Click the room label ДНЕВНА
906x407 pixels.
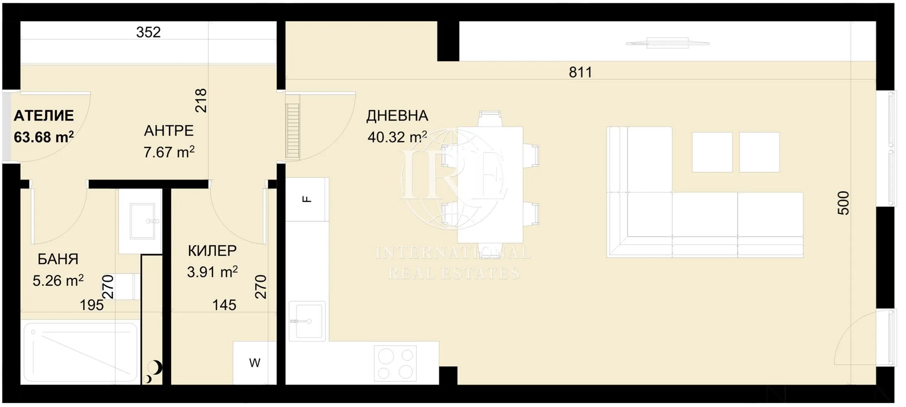(397, 116)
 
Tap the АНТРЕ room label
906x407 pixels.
(169, 131)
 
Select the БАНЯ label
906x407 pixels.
(58, 259)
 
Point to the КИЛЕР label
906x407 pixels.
(212, 251)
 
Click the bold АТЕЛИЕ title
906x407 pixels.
(44, 116)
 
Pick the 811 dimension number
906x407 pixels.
(581, 72)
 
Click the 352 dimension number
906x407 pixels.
(148, 32)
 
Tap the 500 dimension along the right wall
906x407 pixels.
(843, 203)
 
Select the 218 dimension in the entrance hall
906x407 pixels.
(201, 101)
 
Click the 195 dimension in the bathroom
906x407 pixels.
(92, 305)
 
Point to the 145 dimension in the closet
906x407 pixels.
(224, 305)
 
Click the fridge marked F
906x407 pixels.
(307, 199)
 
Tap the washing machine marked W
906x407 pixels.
(255, 363)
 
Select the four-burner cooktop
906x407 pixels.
(395, 363)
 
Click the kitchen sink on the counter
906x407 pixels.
(307, 321)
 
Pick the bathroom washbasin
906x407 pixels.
(142, 221)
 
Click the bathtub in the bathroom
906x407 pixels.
(80, 352)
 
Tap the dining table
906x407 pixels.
(490, 184)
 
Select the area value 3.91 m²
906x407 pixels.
(212, 272)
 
